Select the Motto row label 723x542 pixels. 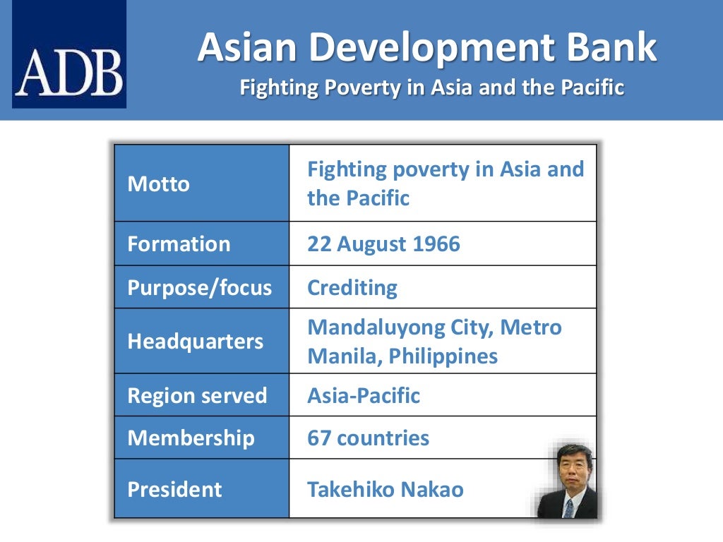[x=159, y=184]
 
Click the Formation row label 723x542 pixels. [x=179, y=244]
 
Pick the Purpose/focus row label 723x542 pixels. [x=199, y=288]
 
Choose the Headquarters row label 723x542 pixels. [x=196, y=342]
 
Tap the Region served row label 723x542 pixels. [x=197, y=395]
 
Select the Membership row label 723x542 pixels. [x=191, y=438]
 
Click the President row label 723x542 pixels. [x=174, y=490]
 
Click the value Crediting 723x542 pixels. [x=352, y=288]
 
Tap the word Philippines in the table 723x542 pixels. [x=444, y=356]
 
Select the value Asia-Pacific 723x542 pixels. [x=364, y=395]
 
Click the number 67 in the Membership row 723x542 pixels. [x=318, y=438]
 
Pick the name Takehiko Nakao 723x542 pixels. [x=386, y=490]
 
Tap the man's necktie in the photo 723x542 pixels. [x=568, y=507]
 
